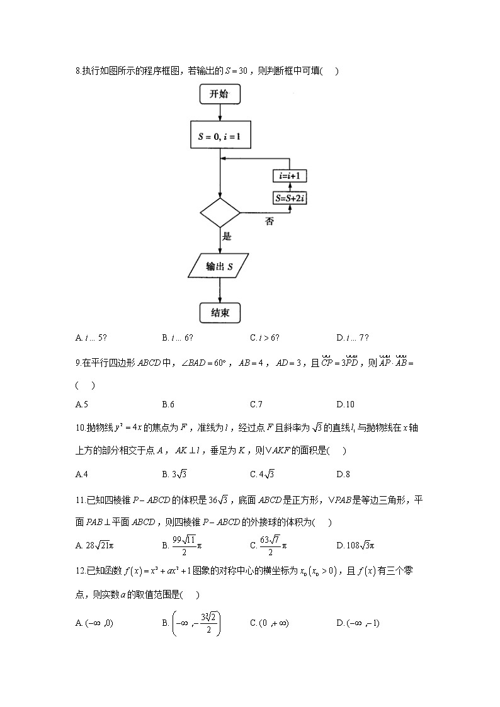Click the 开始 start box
(x=220, y=94)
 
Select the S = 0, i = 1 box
(x=220, y=135)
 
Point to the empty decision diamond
(x=220, y=213)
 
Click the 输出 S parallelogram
(x=220, y=266)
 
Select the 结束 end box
(x=220, y=312)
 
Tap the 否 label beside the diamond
(x=270, y=222)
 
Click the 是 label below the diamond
(x=227, y=237)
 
